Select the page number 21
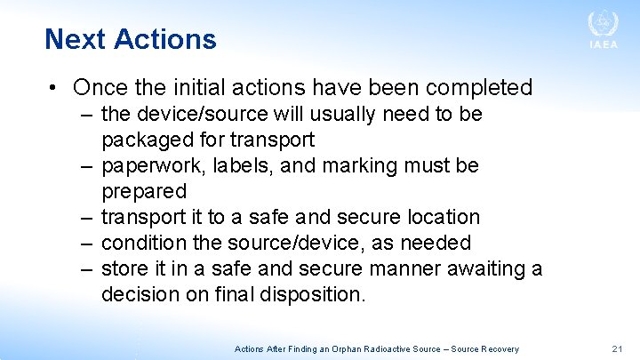coord(618,349)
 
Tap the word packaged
coord(145,140)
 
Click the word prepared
coord(144,191)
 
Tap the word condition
coord(142,243)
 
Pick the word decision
coord(142,294)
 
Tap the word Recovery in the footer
coord(500,349)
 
